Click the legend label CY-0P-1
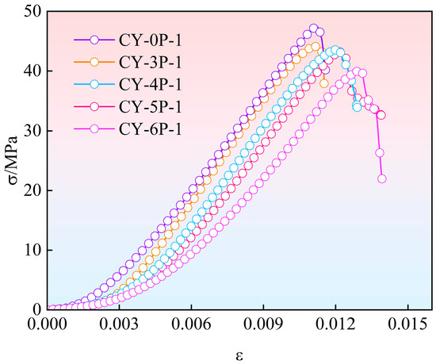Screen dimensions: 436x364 (150, 40)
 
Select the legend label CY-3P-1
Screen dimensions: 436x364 (150, 63)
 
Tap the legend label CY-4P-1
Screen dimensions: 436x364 (150, 84)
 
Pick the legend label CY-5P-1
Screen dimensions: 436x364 (150, 106)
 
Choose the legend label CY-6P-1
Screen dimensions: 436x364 (150, 128)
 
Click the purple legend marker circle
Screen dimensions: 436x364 (94, 40)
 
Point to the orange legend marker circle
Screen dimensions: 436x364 (94, 62)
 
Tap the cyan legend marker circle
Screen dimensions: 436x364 (94, 84)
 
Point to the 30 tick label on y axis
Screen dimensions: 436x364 (33, 131)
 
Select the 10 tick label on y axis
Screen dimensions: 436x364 (33, 251)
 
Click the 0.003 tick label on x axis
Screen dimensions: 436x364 (119, 324)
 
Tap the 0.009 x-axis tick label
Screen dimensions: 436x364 (263, 324)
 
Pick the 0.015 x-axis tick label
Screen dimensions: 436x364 (407, 324)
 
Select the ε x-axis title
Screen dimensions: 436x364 (239, 356)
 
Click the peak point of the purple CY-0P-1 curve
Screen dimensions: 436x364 (314, 28)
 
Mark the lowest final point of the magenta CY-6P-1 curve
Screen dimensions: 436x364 (382, 178)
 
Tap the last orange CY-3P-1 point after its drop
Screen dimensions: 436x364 (324, 83)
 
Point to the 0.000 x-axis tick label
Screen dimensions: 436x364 (48, 324)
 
